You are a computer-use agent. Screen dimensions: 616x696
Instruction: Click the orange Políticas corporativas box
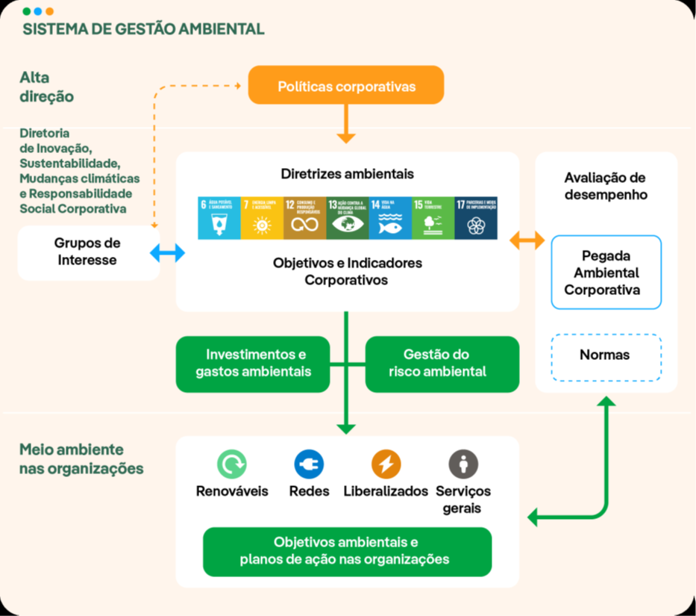click(346, 86)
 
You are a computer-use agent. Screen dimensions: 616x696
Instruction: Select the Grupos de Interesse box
click(88, 252)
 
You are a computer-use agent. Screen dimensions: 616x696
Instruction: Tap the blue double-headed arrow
click(167, 254)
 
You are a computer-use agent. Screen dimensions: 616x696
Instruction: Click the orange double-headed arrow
click(527, 240)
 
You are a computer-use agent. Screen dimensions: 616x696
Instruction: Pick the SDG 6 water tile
click(219, 218)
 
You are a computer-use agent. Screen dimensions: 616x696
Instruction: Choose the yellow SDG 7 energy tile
click(262, 218)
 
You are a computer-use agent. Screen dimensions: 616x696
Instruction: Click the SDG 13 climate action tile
click(348, 218)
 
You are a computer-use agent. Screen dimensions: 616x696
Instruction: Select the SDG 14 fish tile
click(390, 218)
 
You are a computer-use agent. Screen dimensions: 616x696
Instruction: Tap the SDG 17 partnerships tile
click(476, 218)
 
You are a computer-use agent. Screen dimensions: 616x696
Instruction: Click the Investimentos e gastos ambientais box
click(253, 364)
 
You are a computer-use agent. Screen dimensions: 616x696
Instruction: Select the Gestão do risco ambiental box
click(442, 364)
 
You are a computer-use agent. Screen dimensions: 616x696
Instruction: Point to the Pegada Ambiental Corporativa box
click(606, 272)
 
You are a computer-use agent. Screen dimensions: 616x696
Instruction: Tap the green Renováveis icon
click(231, 464)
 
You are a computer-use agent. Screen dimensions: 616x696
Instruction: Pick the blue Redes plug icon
click(309, 464)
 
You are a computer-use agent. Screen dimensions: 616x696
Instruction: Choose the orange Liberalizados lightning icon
click(386, 464)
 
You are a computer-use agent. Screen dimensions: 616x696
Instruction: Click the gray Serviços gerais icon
click(463, 464)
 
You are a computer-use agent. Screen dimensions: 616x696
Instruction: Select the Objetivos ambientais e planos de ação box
click(347, 551)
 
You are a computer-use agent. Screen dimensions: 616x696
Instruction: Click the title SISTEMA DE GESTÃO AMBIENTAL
click(143, 30)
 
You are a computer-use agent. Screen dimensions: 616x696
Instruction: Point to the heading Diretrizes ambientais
click(347, 174)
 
